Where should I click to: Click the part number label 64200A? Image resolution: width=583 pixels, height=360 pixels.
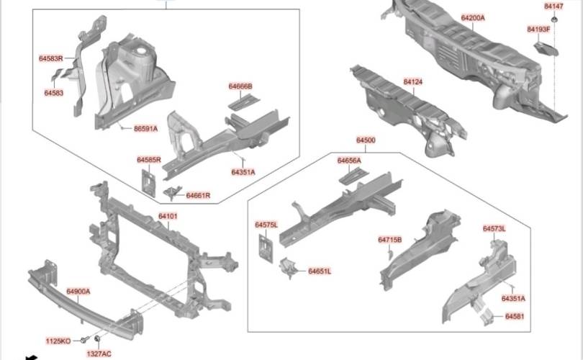[473, 17]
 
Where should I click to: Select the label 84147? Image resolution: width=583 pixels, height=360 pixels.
[553, 6]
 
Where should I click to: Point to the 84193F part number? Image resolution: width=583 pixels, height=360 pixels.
[538, 30]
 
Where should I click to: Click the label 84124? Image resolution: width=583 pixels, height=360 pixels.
[412, 82]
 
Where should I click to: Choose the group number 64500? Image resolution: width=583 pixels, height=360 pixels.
[366, 140]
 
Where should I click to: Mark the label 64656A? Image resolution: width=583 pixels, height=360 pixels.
[349, 161]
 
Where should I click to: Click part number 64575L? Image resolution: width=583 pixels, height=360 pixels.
[266, 225]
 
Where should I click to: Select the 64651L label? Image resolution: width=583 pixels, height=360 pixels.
[320, 271]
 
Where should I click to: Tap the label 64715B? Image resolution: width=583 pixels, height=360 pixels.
[389, 240]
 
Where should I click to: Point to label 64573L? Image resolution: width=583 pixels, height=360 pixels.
[494, 228]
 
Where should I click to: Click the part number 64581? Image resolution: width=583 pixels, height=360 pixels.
[515, 317]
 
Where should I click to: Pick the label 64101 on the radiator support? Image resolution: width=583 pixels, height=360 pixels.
[168, 216]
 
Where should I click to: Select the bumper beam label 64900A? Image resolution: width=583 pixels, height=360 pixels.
[78, 292]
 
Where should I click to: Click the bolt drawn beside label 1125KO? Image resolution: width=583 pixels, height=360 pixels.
[84, 338]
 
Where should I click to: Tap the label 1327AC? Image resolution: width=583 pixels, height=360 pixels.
[99, 354]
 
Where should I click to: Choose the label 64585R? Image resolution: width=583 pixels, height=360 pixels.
[148, 160]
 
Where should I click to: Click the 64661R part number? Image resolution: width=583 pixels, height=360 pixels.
[198, 195]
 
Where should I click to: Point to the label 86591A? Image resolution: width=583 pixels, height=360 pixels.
[145, 129]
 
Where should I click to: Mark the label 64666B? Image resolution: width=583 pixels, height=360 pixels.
[240, 86]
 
